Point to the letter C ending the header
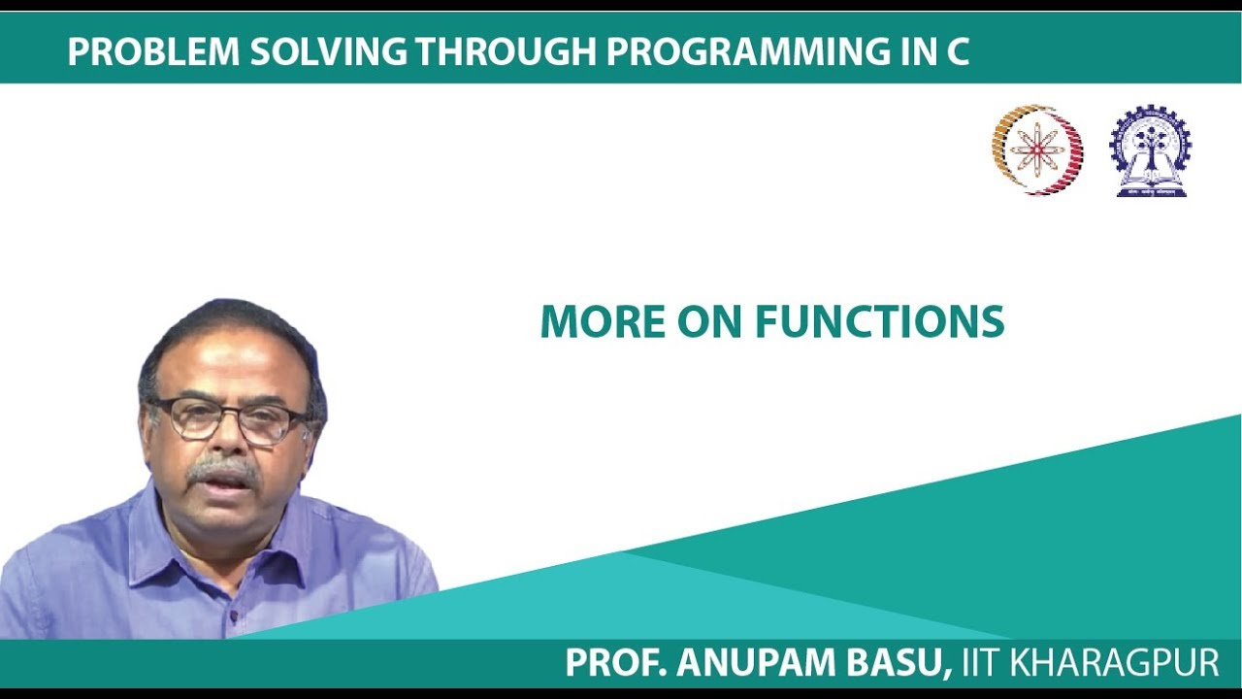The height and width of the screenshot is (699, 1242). [957, 52]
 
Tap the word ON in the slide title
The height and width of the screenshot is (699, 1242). [715, 322]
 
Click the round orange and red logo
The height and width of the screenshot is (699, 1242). [1037, 150]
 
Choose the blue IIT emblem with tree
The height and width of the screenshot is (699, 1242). [1150, 150]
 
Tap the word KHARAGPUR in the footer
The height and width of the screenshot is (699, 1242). [1115, 663]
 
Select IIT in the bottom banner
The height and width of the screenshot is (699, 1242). [981, 663]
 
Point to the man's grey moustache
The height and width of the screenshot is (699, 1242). [224, 471]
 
